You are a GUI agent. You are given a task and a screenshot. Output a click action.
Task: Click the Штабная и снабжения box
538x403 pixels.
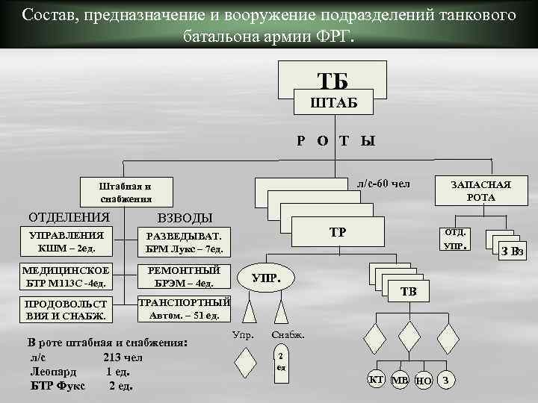pos(126,192)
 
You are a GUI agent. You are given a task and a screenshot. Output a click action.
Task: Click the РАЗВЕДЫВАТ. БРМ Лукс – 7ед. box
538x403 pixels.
pos(184,242)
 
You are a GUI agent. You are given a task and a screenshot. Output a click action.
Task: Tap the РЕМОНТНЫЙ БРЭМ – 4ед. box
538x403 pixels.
pos(184,276)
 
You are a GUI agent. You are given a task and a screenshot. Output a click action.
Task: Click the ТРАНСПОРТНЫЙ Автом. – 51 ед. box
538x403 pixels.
pos(184,309)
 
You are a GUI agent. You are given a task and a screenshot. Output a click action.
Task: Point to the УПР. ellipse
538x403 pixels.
pos(267,278)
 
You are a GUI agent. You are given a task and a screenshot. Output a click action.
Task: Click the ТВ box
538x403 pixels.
pos(409,291)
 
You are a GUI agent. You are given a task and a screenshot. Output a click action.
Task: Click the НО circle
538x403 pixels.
pos(423,381)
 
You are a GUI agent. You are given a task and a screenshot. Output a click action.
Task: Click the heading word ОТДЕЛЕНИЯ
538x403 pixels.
pos(69,217)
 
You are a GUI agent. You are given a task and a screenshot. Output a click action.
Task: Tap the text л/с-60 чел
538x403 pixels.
pos(383,183)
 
